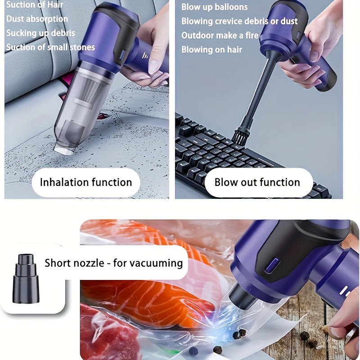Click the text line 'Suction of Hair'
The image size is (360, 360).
click(35, 4)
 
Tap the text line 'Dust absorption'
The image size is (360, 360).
click(37, 19)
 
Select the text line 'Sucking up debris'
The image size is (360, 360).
click(40, 33)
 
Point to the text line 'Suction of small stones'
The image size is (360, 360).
click(50, 47)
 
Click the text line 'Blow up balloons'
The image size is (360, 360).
click(215, 7)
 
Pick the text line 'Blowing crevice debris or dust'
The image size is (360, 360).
click(239, 21)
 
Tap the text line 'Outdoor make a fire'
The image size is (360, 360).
click(220, 36)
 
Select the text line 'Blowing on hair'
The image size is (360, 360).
click(211, 49)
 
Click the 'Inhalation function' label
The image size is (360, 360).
click(86, 182)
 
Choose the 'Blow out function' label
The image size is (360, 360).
click(257, 182)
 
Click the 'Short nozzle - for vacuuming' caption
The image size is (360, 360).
click(114, 263)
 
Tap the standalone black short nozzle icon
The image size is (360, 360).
click(26, 279)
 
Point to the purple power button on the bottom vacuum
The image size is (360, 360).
click(271, 265)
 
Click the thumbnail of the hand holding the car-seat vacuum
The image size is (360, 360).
click(87, 99)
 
